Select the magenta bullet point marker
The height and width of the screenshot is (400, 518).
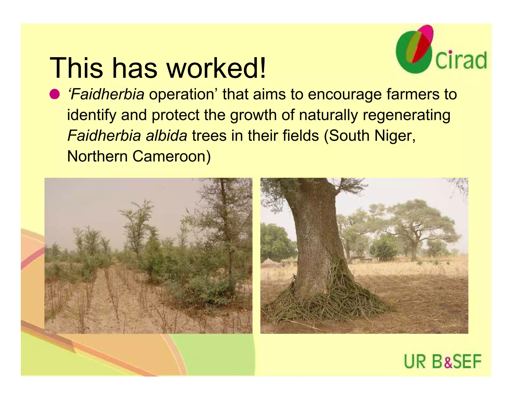(54, 94)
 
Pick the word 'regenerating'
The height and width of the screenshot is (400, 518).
(406, 115)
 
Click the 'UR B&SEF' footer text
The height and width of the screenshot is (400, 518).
(442, 362)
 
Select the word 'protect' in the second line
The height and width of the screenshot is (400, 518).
(176, 115)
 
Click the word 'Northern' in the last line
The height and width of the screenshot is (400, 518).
(97, 156)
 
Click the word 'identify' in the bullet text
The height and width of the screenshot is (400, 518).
(91, 115)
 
